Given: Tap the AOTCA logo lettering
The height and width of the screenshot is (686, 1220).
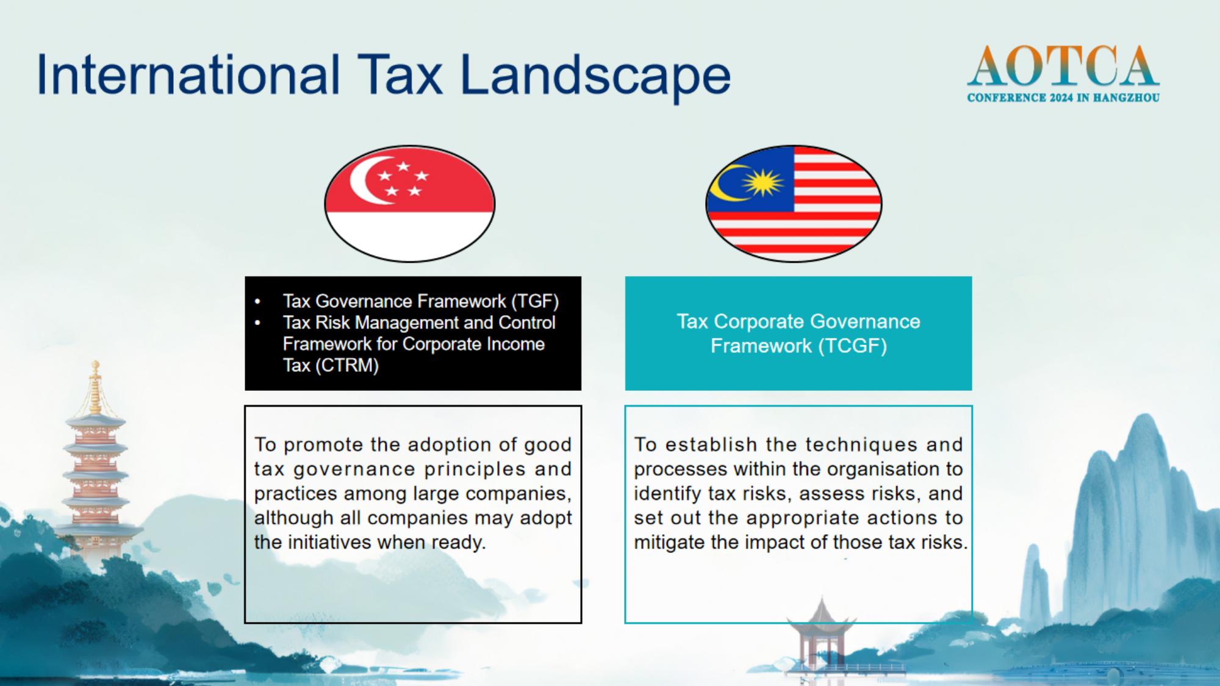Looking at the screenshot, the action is click(1063, 66).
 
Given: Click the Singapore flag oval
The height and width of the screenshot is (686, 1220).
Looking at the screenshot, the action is click(409, 203).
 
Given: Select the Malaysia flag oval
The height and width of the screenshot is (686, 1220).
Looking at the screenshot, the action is click(794, 203).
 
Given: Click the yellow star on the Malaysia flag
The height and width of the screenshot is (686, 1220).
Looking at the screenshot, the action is click(762, 182).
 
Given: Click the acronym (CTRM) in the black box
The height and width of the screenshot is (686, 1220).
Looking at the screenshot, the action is click(346, 365).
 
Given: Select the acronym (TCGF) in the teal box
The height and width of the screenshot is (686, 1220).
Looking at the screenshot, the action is click(852, 346).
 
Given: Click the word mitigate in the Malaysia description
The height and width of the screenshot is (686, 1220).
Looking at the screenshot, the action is click(669, 542).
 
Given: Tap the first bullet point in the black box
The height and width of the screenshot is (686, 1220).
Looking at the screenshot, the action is click(258, 301).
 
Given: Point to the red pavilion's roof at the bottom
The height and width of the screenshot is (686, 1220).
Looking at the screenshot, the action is click(821, 613).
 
